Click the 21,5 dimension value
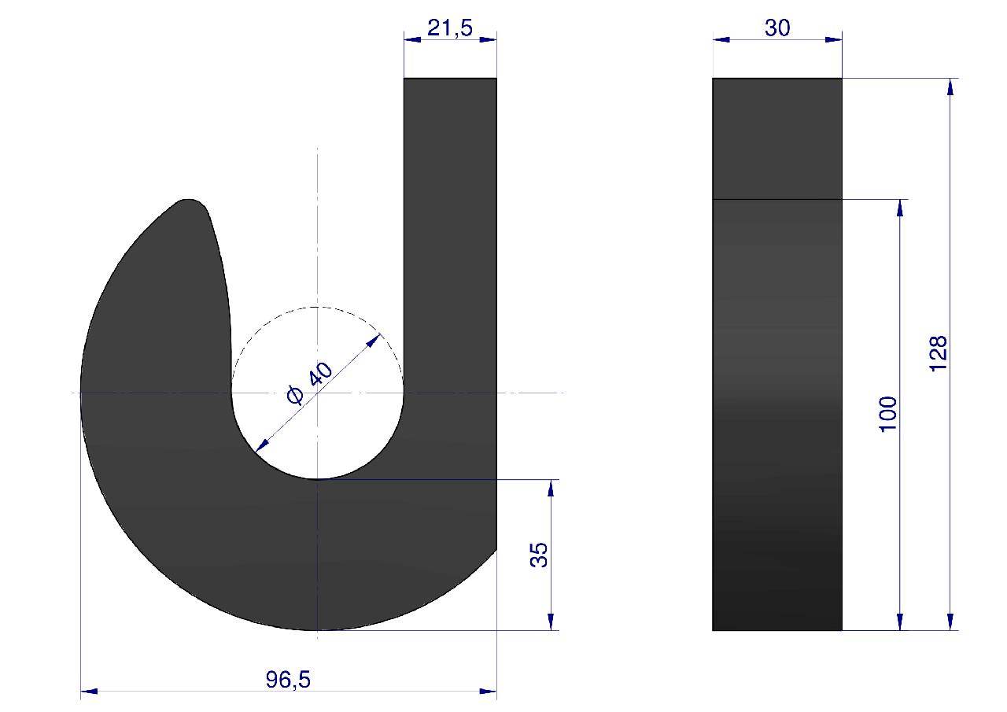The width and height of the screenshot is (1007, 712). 450,28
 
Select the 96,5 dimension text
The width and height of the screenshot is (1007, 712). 288,679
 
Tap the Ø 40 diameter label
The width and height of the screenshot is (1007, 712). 310,382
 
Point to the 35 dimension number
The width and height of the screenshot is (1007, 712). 540,555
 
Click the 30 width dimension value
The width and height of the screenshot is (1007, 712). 777,28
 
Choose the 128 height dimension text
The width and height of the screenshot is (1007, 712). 939,353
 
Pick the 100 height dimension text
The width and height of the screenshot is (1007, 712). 888,414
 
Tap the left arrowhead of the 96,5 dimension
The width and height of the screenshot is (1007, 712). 89,691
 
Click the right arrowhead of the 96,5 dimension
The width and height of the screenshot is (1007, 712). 489,691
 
